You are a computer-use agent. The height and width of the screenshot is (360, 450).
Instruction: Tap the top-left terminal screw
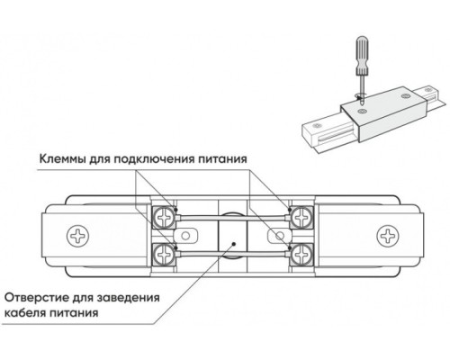[165, 214]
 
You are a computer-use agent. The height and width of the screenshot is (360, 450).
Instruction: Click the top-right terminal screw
[297, 214]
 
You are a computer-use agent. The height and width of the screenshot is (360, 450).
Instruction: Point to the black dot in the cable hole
[231, 241]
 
